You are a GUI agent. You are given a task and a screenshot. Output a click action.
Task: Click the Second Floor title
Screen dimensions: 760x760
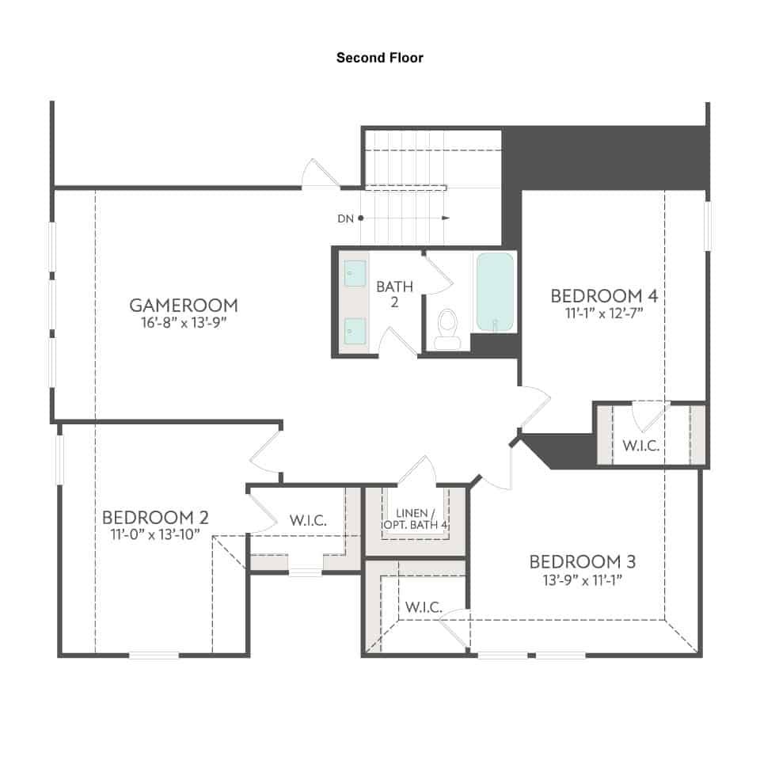pos(379,58)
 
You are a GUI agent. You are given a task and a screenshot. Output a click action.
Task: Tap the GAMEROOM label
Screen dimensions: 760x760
pos(184,306)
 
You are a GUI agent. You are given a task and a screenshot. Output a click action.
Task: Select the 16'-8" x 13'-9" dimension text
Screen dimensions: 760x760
pos(184,322)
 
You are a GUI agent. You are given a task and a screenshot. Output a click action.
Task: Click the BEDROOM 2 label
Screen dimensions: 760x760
pos(155,518)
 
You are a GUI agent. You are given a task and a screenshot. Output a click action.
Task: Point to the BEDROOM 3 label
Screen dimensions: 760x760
pos(582,562)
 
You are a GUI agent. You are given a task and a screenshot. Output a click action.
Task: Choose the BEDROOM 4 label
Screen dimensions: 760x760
pos(604,295)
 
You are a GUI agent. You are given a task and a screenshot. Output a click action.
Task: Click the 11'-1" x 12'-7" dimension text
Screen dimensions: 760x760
pos(604,313)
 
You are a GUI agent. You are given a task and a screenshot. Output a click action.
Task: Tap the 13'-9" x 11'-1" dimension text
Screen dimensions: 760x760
pos(582,579)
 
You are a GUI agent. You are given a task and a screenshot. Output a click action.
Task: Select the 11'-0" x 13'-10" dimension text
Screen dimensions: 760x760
pos(155,534)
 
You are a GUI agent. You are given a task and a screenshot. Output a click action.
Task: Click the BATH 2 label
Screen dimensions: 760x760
pos(394,294)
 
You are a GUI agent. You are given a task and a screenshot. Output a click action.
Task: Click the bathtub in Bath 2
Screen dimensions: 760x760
pos(495,292)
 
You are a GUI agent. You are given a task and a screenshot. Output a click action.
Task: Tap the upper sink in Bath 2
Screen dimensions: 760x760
pos(355,273)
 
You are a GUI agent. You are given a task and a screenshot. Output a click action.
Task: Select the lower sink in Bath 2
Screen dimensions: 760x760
pos(355,331)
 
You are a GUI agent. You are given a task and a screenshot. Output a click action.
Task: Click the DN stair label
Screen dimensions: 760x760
pos(345,218)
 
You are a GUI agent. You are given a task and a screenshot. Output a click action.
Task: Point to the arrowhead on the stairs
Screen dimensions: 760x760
pos(446,218)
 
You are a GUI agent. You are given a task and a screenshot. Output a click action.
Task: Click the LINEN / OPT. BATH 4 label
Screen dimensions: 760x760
pos(415,519)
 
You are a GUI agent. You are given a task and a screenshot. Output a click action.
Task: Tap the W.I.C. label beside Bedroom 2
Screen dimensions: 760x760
pos(308,521)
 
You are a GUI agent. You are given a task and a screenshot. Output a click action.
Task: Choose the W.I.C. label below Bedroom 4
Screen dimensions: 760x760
pos(640,446)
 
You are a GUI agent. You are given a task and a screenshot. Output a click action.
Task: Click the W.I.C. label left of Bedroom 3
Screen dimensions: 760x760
pos(424,607)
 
